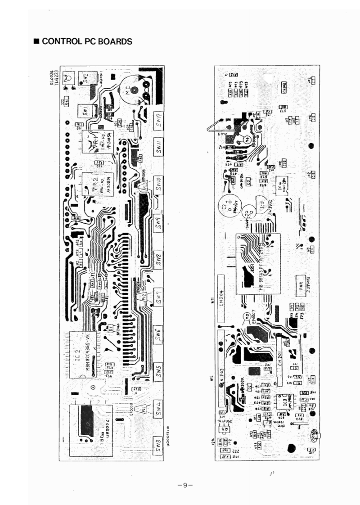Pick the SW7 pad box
coord(159,298)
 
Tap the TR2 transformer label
coord(94,182)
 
